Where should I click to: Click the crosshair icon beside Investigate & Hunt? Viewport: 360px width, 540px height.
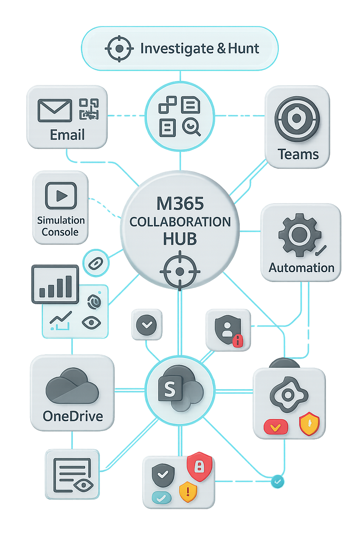119,49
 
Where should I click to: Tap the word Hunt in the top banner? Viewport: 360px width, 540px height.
243,49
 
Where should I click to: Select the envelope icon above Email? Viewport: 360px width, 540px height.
54,110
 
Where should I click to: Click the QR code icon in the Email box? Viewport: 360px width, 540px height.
89,109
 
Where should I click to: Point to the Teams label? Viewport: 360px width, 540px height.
298,154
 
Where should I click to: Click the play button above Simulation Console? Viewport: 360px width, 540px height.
61,195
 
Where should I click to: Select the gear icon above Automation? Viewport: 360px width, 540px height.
300,234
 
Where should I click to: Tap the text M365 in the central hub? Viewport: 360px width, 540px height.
180,204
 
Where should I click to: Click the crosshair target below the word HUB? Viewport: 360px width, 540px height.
180,271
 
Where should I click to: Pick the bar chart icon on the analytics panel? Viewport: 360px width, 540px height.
55,284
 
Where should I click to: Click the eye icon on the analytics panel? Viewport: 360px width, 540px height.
91,322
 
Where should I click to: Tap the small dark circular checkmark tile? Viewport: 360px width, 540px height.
147,324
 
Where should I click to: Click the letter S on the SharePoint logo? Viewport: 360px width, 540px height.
170,389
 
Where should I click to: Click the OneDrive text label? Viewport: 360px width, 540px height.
73,416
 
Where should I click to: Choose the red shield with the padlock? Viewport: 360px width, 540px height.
199,466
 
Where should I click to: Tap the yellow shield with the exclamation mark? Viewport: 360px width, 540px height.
188,491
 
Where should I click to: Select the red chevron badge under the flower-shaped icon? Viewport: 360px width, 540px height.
276,427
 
